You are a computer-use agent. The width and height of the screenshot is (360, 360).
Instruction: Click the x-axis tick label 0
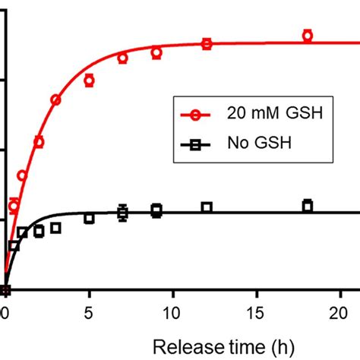tap(5, 312)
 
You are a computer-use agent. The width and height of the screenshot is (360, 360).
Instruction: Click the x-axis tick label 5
tap(89, 312)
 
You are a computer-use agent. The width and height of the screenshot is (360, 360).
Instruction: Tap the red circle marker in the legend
tap(196, 115)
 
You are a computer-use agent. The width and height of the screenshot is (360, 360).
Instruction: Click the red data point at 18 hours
tap(308, 35)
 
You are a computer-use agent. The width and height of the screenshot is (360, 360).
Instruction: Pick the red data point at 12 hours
tap(207, 44)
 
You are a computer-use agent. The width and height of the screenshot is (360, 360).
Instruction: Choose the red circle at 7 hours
tap(122, 58)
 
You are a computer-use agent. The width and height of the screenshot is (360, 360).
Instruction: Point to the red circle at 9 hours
tap(156, 52)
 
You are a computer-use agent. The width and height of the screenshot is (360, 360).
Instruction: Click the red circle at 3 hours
tap(55, 99)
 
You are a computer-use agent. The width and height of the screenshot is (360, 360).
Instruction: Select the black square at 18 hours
tap(308, 205)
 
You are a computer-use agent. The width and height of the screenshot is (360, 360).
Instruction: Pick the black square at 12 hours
tap(207, 207)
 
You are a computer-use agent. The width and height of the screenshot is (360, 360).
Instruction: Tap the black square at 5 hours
tap(89, 218)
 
